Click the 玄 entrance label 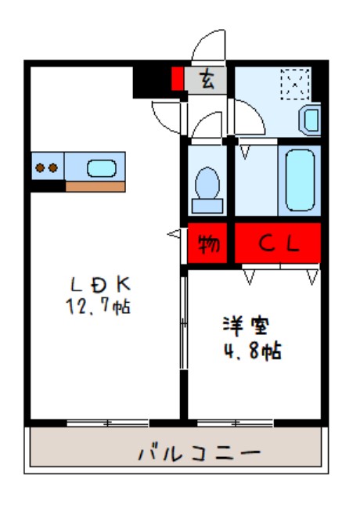tap(207, 79)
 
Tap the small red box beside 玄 tap(178, 79)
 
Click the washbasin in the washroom tap(309, 120)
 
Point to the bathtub tap(301, 180)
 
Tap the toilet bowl tap(207, 185)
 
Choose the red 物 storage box tap(208, 244)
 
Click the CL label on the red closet tap(279, 244)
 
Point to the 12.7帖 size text tap(97, 306)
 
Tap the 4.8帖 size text tap(249, 351)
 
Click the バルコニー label tap(199, 453)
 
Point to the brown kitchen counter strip tap(95, 186)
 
